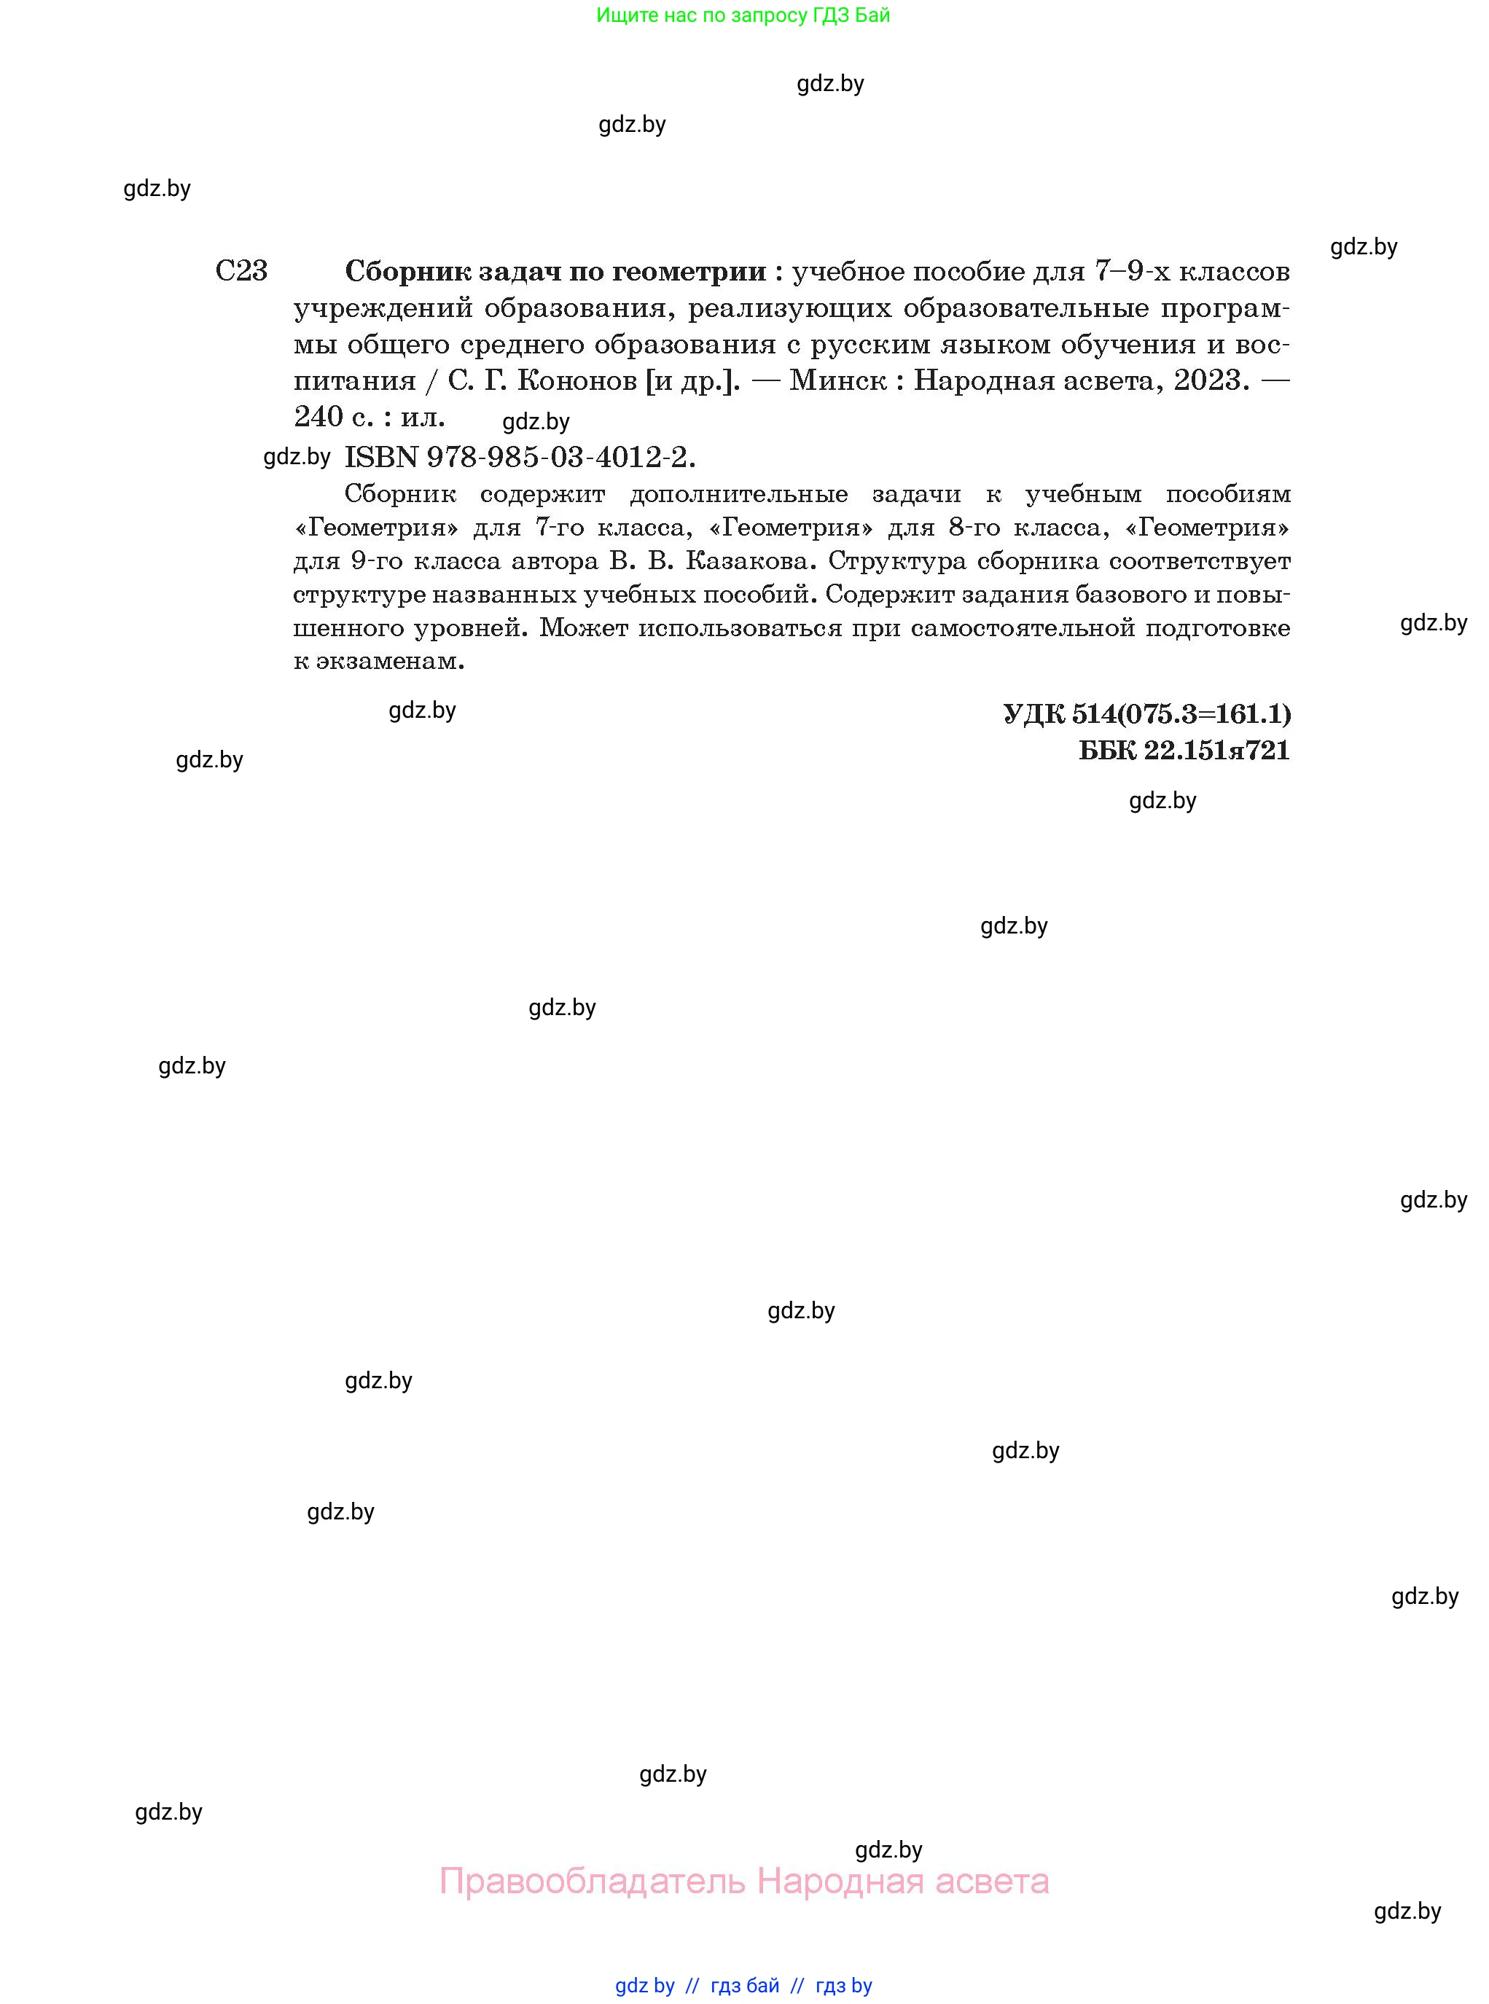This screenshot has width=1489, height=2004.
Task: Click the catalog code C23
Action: tap(241, 270)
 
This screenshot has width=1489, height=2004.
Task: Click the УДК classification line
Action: tap(1146, 713)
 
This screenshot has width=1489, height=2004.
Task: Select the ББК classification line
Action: tap(1184, 750)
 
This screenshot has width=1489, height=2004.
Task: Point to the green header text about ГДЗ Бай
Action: tap(743, 15)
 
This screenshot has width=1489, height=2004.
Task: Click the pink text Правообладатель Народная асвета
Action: tap(743, 1881)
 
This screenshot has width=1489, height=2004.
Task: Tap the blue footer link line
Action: tap(743, 1985)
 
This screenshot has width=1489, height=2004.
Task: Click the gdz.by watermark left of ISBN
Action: tap(297, 457)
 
